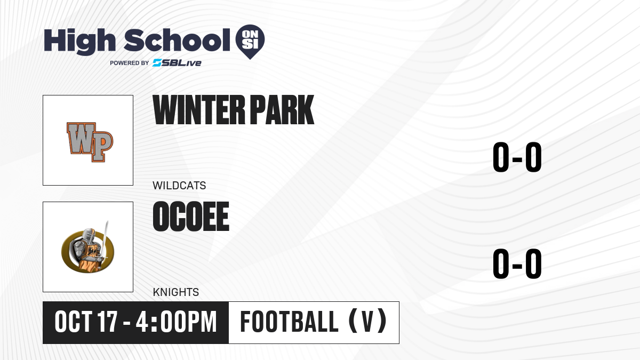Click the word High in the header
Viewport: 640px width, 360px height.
click(x=79, y=41)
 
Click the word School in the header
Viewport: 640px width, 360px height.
click(x=177, y=40)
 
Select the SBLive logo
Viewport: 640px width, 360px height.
click(x=177, y=62)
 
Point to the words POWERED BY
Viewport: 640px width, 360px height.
click(x=130, y=63)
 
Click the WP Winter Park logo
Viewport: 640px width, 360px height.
click(x=90, y=142)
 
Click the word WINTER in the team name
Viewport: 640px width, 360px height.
click(x=199, y=110)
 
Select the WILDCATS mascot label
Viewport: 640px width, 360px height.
click(x=179, y=186)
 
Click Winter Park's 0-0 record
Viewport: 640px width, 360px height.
click(x=517, y=157)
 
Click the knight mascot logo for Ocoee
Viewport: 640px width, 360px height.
click(x=88, y=247)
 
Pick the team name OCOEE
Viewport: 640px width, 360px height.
click(x=191, y=217)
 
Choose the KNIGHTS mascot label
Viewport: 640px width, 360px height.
click(x=175, y=292)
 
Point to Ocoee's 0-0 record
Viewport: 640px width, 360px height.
click(x=517, y=263)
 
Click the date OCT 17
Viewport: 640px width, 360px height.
click(x=86, y=322)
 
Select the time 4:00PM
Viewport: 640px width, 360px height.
click(x=177, y=322)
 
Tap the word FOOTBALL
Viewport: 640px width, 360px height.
click(x=290, y=322)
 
